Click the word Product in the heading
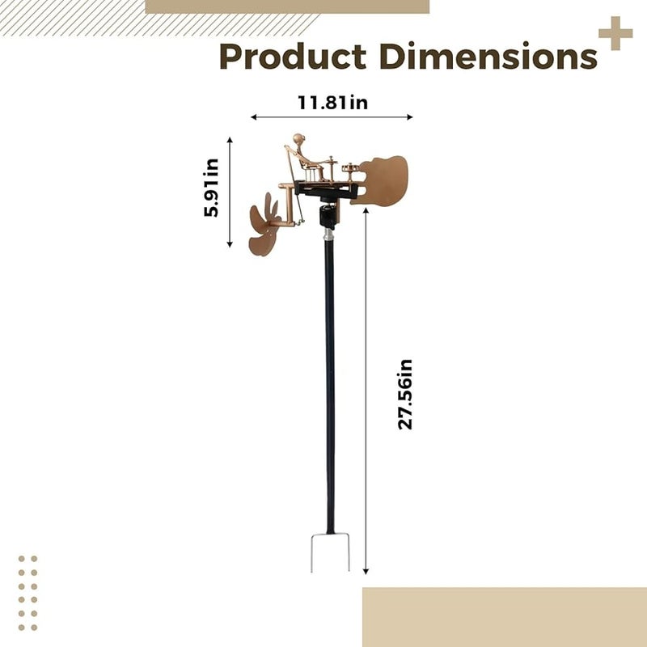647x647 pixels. (x=293, y=57)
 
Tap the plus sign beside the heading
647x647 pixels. (x=615, y=33)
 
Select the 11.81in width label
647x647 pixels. (x=332, y=103)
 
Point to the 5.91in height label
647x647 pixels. (x=211, y=188)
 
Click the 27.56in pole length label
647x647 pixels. (x=405, y=394)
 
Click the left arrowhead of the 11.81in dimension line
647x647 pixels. (x=254, y=117)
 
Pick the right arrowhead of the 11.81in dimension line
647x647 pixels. (x=410, y=117)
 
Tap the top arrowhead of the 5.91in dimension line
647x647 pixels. (x=230, y=140)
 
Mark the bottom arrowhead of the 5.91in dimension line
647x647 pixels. (x=230, y=244)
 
